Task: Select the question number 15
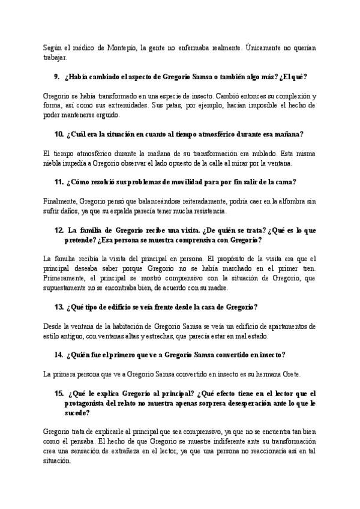[59, 394]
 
